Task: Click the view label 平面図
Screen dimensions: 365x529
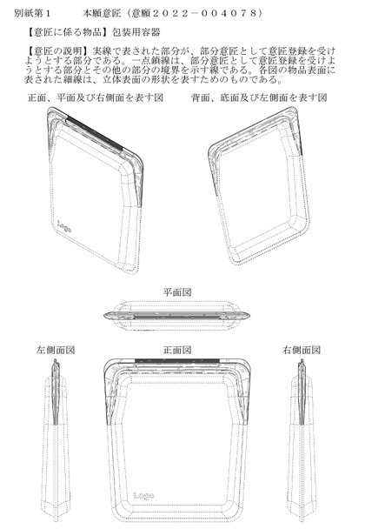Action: (x=177, y=291)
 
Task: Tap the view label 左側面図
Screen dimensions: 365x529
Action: (x=56, y=350)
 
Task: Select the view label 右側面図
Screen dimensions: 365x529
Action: (x=302, y=350)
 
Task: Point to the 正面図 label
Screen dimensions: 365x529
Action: (x=177, y=350)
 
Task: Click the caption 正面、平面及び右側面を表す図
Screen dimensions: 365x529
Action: (x=96, y=97)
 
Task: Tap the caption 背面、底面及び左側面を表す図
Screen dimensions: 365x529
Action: (x=259, y=97)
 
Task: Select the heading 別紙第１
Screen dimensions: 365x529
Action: (x=32, y=13)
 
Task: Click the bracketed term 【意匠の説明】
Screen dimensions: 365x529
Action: (x=58, y=51)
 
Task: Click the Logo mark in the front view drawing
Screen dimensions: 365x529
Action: (x=144, y=494)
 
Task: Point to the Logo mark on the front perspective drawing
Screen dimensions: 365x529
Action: (x=64, y=226)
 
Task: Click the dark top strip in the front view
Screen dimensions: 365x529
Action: (x=177, y=361)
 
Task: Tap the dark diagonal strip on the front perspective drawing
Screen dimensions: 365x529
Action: (x=95, y=133)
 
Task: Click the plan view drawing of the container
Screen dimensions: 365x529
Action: (x=176, y=316)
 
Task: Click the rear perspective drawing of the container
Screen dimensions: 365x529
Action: (x=259, y=185)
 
